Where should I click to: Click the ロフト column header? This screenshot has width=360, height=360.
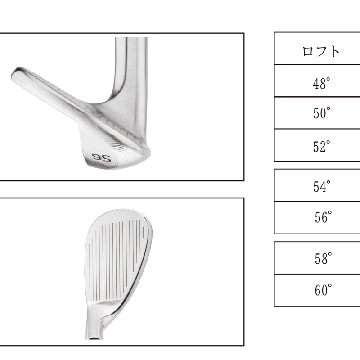coord(321,51)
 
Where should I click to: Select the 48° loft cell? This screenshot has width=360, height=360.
coord(321,83)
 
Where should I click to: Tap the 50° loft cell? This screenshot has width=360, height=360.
coord(322,113)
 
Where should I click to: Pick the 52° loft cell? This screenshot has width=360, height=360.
coord(322,147)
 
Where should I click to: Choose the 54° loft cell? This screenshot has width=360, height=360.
coord(322,186)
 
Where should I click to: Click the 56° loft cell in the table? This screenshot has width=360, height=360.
coord(323,217)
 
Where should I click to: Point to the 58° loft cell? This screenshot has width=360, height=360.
coord(323,258)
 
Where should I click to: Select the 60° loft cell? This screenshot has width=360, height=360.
coord(323,290)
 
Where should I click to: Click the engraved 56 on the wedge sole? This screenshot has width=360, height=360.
coord(102,157)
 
